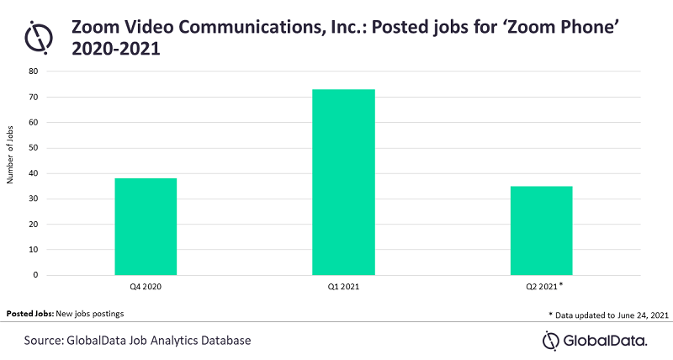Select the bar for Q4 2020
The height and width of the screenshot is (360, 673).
145,226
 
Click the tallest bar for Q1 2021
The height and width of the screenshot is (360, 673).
343,182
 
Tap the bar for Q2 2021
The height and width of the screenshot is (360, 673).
541,230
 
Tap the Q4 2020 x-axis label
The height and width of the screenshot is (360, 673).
145,287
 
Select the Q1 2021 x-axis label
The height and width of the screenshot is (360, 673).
343,287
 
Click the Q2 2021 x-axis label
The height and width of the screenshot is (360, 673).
539,287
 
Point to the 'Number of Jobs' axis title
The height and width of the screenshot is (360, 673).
10,172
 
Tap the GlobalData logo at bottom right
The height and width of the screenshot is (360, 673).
595,340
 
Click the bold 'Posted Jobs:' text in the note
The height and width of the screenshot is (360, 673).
29,313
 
